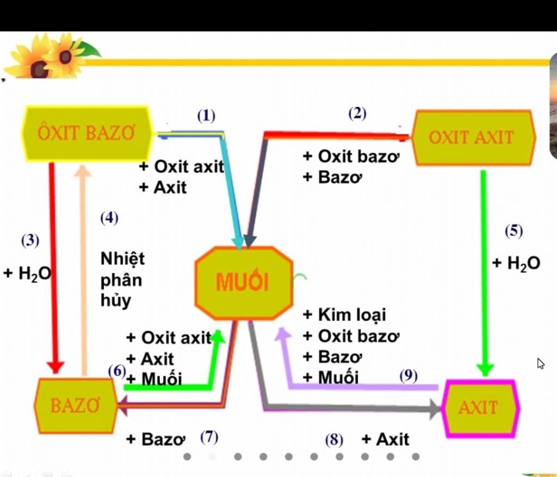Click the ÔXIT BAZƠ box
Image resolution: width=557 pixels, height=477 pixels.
pos(87,134)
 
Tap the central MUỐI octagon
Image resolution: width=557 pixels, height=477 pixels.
pos(244,283)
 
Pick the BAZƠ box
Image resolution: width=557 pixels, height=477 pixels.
pos(76,406)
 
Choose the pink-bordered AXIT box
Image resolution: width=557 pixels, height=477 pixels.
pos(480,408)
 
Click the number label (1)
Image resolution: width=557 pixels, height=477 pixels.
pos(206,116)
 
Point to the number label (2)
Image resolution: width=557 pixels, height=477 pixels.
pos(357,114)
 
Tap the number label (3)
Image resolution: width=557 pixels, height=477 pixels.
pos(30,241)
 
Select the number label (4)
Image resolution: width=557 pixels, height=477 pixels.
pos(109,218)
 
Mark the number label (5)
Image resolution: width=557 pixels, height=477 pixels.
pos(513,231)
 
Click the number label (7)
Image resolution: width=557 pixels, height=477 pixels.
pos(209,437)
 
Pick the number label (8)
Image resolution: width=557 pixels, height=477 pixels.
pos(334,440)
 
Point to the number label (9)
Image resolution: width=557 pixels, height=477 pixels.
pos(409,376)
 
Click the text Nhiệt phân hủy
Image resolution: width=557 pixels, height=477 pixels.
pos(122,280)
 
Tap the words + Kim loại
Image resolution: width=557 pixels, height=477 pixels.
pos(344,315)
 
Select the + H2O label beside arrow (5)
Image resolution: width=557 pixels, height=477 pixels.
pos(516,263)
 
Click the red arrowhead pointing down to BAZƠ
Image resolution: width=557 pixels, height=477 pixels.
pos(55,367)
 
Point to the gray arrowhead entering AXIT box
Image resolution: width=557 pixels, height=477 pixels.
pos(436,409)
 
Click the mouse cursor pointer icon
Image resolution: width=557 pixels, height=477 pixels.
pos(541,364)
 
